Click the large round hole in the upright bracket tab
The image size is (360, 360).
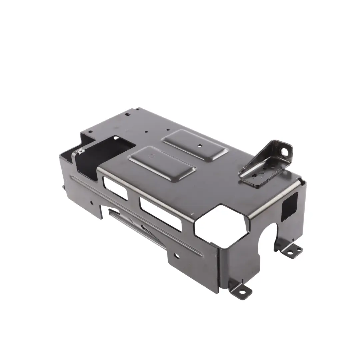point(284,152)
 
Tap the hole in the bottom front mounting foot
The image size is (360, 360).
point(242,292)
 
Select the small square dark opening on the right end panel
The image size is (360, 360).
point(289,206)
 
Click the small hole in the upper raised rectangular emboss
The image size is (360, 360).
point(199,145)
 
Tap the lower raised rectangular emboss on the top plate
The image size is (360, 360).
point(162,163)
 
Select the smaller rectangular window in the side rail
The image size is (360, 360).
point(115,188)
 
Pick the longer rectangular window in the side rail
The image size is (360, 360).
point(161,214)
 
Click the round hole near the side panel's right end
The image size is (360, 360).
point(176,256)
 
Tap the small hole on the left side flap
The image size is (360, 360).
point(92,202)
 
